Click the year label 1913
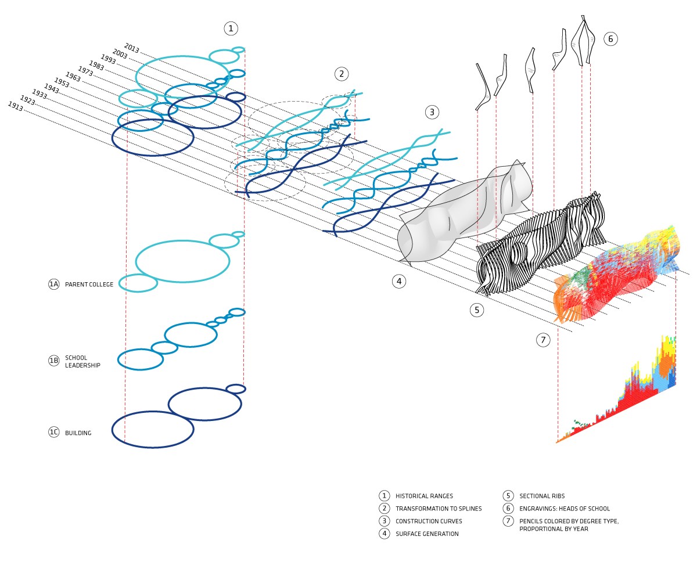click(15, 106)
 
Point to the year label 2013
click(131, 48)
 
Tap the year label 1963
click(73, 77)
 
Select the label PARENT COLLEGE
click(89, 285)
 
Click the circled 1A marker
click(53, 284)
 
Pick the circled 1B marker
click(53, 361)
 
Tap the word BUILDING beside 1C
click(78, 433)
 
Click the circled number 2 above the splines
click(342, 74)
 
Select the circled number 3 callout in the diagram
click(432, 112)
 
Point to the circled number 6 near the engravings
click(610, 39)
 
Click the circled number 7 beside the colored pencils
click(542, 340)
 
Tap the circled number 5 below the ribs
click(476, 310)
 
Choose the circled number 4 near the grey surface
click(398, 282)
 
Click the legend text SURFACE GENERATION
click(427, 534)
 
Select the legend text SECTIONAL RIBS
click(542, 496)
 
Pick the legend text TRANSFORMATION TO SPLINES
click(439, 509)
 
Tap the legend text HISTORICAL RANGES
click(424, 496)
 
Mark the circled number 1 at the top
click(231, 28)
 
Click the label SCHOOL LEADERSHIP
click(82, 361)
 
